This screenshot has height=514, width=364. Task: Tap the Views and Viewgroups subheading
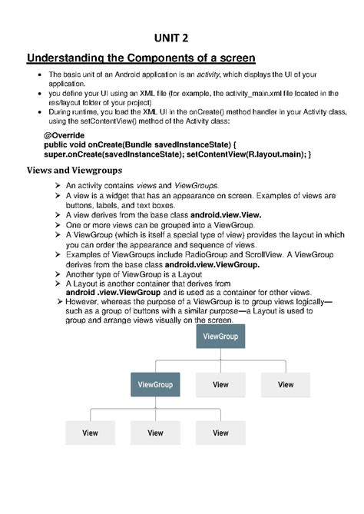(x=74, y=170)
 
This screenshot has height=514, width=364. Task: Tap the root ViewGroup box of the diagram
(x=220, y=337)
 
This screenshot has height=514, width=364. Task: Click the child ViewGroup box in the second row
(x=155, y=384)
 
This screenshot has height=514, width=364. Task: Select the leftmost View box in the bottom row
(x=91, y=433)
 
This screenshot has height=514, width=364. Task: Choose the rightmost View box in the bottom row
(x=220, y=433)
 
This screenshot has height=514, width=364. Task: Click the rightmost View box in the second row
(x=285, y=384)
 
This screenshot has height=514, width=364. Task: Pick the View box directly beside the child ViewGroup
(x=220, y=384)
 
